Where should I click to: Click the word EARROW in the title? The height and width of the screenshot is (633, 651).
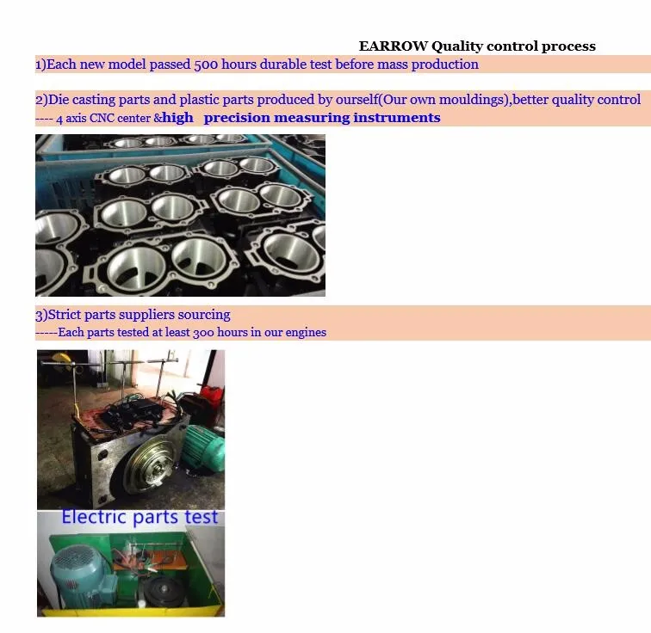pyautogui.click(x=393, y=46)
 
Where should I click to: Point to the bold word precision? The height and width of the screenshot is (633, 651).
pyautogui.click(x=236, y=118)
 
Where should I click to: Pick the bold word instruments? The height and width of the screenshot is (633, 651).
pyautogui.click(x=397, y=118)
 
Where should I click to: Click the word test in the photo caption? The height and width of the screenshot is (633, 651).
pyautogui.click(x=201, y=518)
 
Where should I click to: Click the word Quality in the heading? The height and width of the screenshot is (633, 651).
pyautogui.click(x=456, y=46)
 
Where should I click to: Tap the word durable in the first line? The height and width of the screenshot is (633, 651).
pyautogui.click(x=283, y=65)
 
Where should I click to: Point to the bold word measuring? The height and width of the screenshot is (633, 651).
pyautogui.click(x=313, y=118)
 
